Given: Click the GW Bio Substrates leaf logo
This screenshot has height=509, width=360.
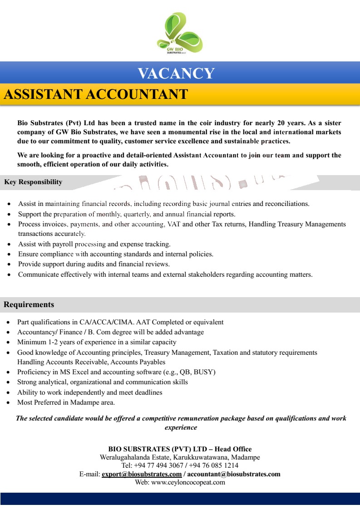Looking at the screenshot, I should coord(180,33).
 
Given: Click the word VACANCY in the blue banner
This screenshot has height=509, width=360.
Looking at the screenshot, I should coord(176,73).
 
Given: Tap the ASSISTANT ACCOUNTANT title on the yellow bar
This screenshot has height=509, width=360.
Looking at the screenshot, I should coord(96,94).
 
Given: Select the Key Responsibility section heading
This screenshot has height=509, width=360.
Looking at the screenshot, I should coord(33,182).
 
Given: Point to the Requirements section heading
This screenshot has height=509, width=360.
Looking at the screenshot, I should coord(29,304).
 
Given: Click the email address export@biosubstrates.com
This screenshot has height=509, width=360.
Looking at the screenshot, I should coord(142,474).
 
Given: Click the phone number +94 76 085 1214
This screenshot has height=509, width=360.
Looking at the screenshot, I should coord(214,465).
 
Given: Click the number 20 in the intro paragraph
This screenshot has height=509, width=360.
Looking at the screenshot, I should coord(283,123).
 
